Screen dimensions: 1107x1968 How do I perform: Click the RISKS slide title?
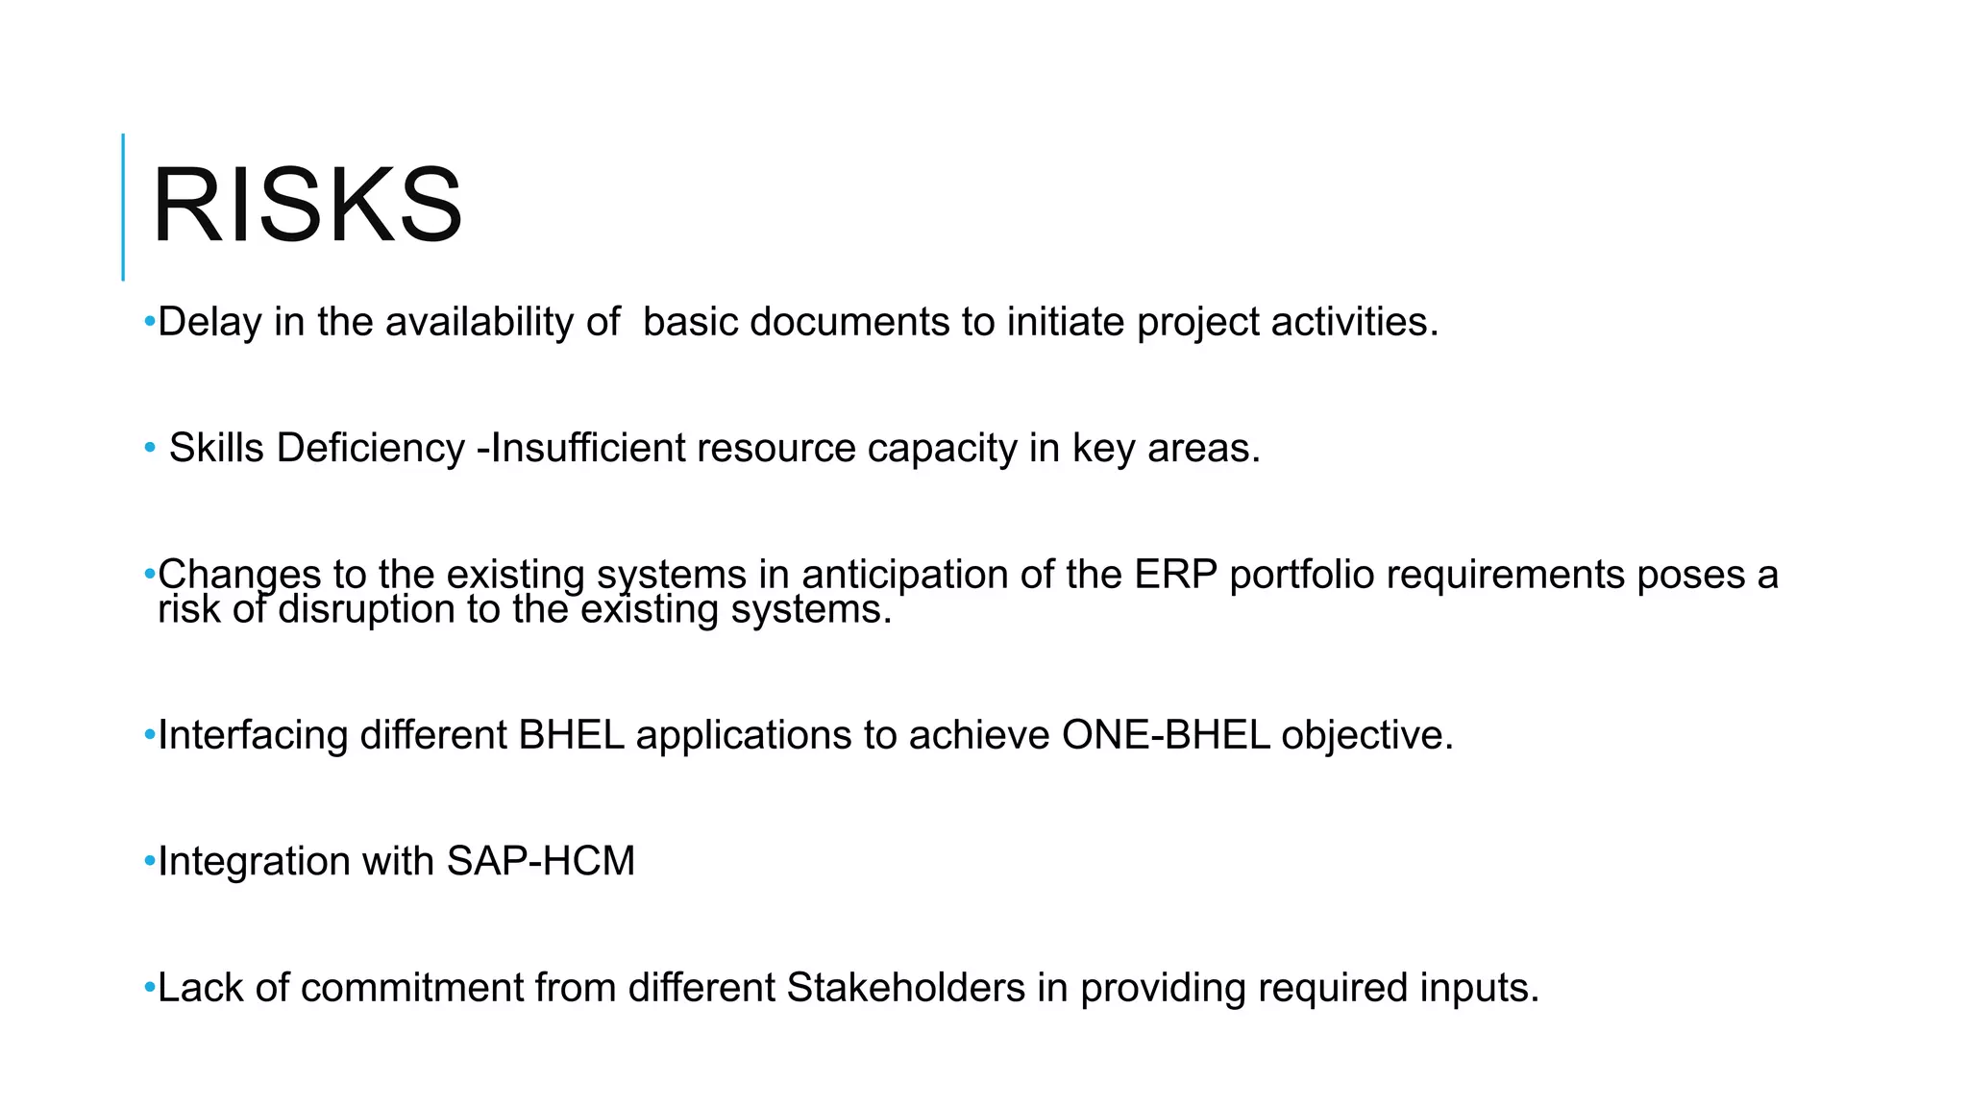point(307,206)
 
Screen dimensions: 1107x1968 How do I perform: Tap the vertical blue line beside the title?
point(123,207)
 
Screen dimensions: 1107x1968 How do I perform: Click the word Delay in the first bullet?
point(209,322)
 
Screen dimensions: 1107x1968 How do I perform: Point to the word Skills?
point(216,449)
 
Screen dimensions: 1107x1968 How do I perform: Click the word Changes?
point(239,575)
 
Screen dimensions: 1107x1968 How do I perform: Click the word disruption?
point(367,609)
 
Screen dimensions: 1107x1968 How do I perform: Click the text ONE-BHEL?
point(1166,735)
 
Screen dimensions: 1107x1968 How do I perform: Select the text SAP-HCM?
point(541,861)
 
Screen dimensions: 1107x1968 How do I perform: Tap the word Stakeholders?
point(905,988)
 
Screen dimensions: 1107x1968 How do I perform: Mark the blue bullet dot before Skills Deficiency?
point(149,448)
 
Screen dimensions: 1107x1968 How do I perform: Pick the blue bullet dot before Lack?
point(149,987)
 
